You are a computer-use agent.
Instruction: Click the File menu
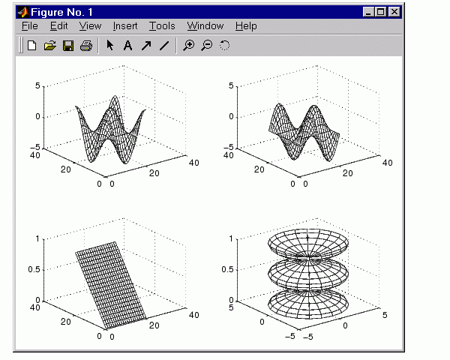30,26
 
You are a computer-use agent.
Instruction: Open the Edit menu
58,26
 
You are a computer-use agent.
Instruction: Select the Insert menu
125,26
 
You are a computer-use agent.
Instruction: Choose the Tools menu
162,26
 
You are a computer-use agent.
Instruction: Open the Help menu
246,26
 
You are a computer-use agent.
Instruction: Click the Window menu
205,26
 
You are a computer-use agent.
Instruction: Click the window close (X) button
394,12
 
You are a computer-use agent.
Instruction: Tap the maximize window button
381,12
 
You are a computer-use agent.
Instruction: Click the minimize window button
369,12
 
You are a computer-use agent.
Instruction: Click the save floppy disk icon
68,46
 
